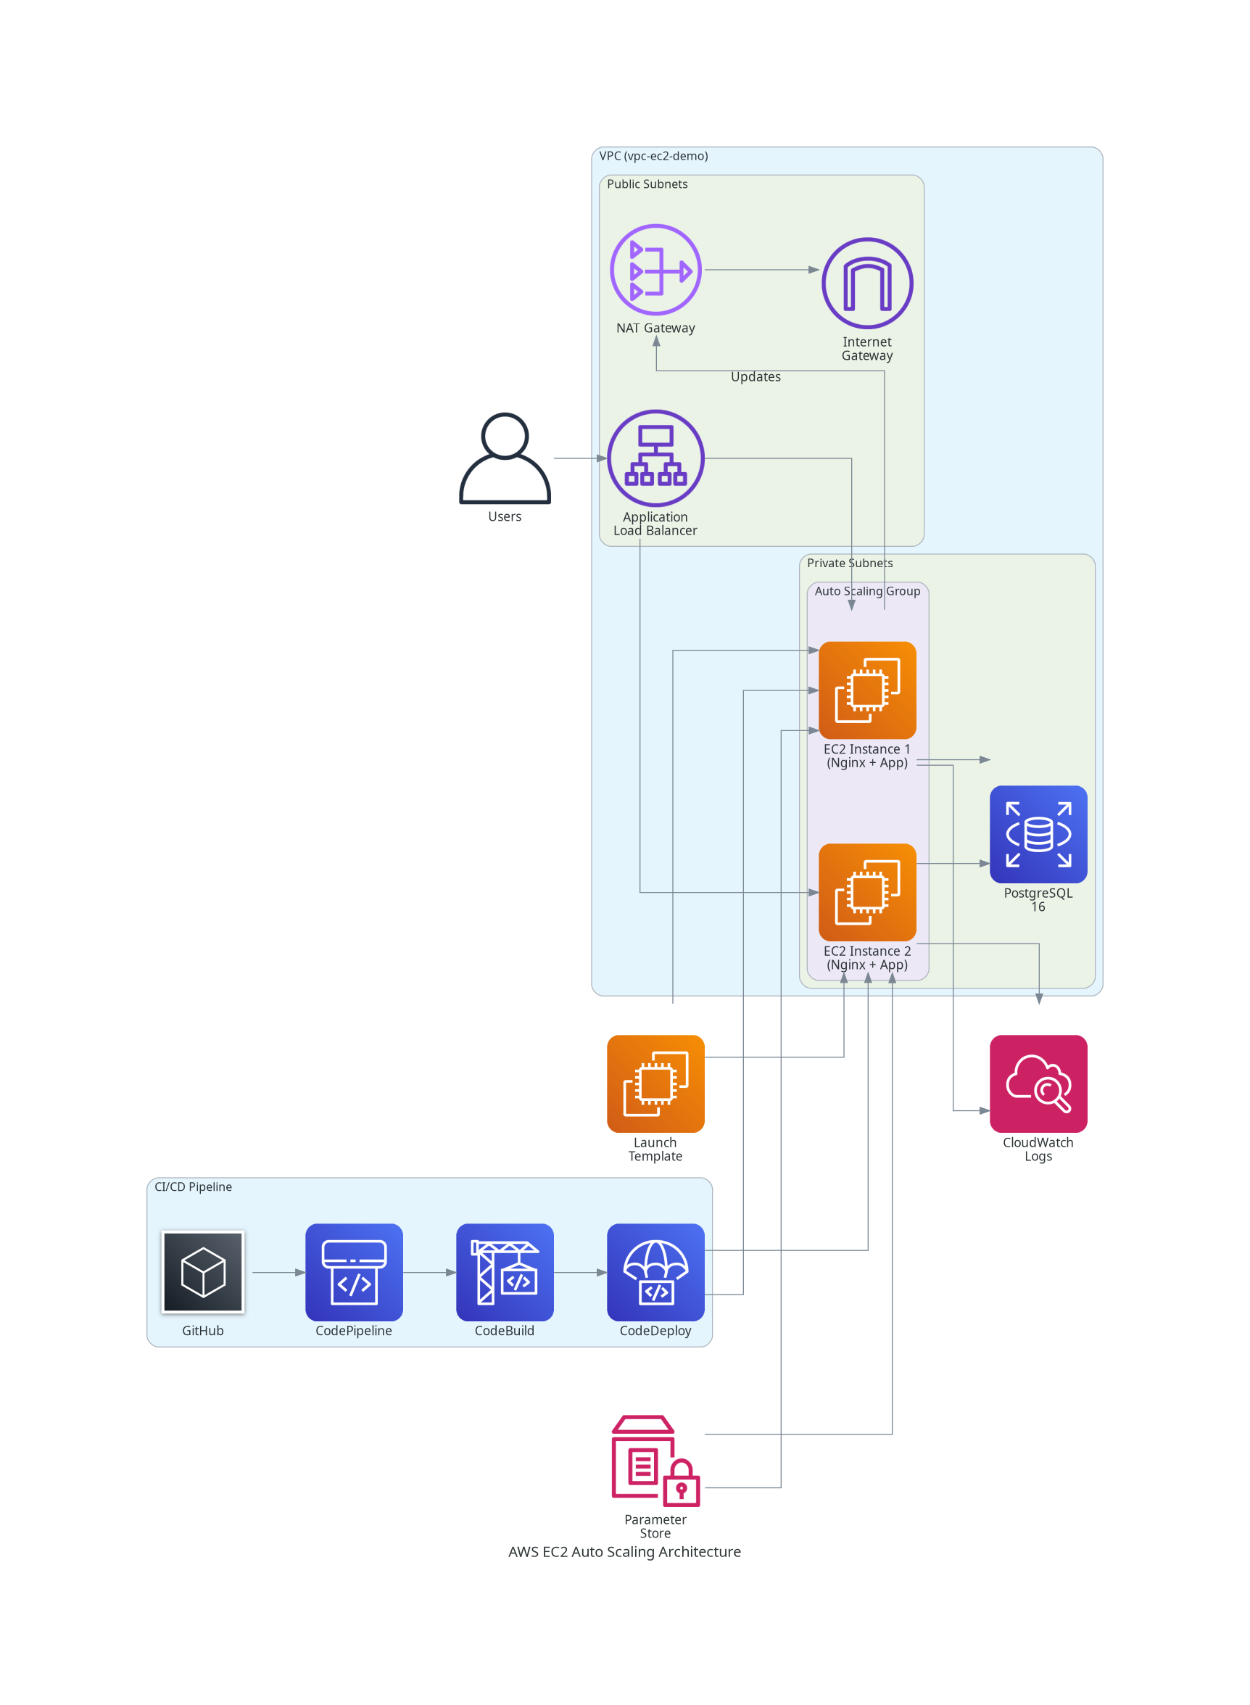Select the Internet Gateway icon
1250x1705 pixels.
coord(867,283)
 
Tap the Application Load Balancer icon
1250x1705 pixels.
coord(655,458)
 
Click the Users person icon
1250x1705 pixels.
coord(505,458)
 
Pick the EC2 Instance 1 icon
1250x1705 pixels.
coord(867,690)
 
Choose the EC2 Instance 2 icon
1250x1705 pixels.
coord(867,892)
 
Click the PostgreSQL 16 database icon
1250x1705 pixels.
coord(1038,834)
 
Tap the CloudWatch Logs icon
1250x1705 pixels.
coord(1038,1083)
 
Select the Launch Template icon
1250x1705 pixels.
coord(655,1083)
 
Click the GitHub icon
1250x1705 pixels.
coord(203,1272)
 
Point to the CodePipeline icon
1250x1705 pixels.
coord(353,1272)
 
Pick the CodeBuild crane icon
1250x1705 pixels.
coord(505,1272)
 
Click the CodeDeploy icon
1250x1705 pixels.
coord(655,1272)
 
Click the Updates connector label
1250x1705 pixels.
coord(755,377)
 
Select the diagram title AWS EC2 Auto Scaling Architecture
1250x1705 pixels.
coord(624,1551)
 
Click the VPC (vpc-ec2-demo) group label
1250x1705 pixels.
coord(654,156)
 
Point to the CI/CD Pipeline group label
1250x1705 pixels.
coord(193,1186)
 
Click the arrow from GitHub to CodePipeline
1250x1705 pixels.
coord(278,1272)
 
